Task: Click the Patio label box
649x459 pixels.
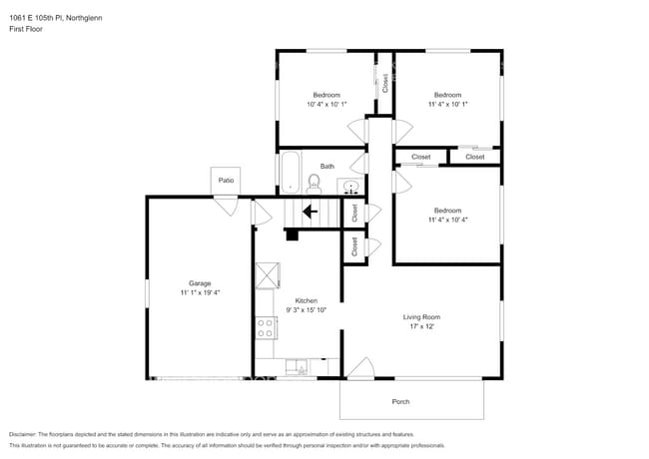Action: [x=227, y=181]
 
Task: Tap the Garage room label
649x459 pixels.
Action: [x=200, y=283]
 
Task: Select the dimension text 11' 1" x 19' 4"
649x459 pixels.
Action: [x=200, y=293]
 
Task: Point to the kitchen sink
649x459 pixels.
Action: [x=298, y=366]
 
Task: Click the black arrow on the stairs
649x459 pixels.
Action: [x=310, y=212]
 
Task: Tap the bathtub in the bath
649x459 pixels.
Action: [x=290, y=172]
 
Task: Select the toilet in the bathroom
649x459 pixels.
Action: [x=314, y=183]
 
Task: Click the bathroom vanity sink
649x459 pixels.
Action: [x=350, y=186]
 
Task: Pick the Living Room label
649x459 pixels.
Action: [x=421, y=317]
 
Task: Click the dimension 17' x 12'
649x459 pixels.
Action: [x=421, y=327]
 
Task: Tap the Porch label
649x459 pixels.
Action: [x=399, y=401]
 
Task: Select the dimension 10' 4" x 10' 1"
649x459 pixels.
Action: [x=325, y=104]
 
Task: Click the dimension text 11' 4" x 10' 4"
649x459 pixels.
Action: [x=447, y=220]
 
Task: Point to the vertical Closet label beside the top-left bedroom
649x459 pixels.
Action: [x=384, y=83]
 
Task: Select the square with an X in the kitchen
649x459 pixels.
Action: [x=268, y=275]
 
